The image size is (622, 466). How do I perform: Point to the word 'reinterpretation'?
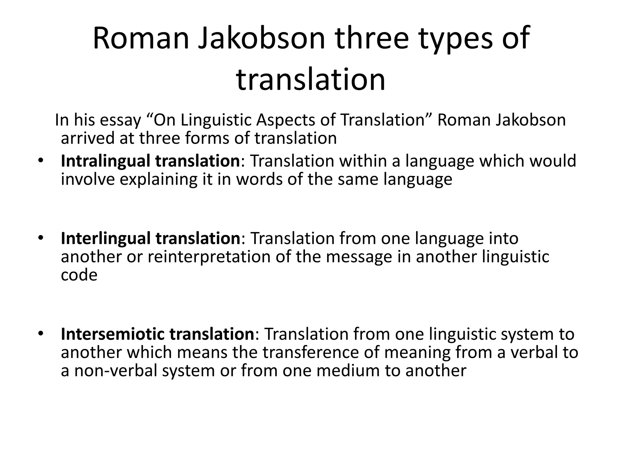tap(209, 257)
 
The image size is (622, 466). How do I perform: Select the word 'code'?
tap(79, 275)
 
